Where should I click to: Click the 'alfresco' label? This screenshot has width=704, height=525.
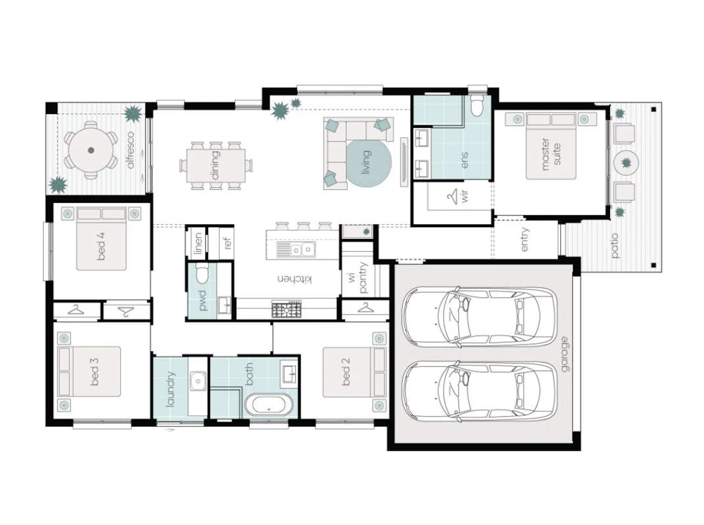[131, 150]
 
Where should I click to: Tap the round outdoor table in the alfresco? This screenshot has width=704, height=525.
[91, 150]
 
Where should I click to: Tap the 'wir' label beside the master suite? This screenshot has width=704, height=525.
[465, 196]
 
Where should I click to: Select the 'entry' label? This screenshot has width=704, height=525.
[525, 239]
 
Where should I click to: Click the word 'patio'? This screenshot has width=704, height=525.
[614, 245]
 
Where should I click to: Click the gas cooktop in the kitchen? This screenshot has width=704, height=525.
[286, 309]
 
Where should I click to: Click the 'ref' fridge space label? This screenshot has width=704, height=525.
[227, 243]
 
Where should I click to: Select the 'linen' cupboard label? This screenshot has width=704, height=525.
[198, 243]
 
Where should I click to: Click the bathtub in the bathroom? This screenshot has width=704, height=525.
[269, 404]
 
